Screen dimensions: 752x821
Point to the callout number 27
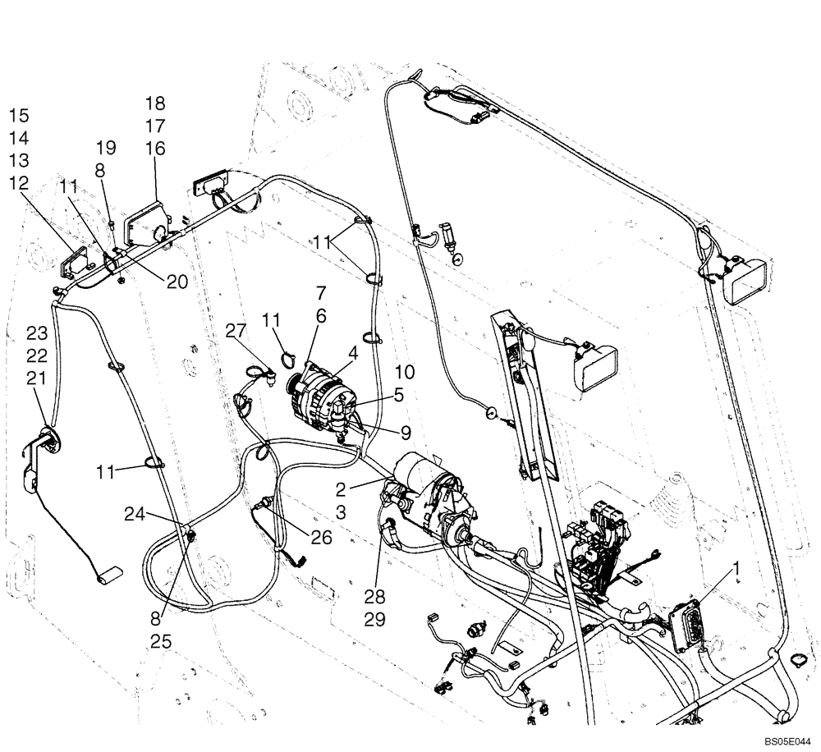click(236, 330)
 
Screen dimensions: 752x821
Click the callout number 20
click(176, 281)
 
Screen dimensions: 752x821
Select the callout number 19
click(106, 148)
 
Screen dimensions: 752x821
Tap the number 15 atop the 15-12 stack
click(19, 114)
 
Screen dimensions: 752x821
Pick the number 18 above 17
click(155, 103)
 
